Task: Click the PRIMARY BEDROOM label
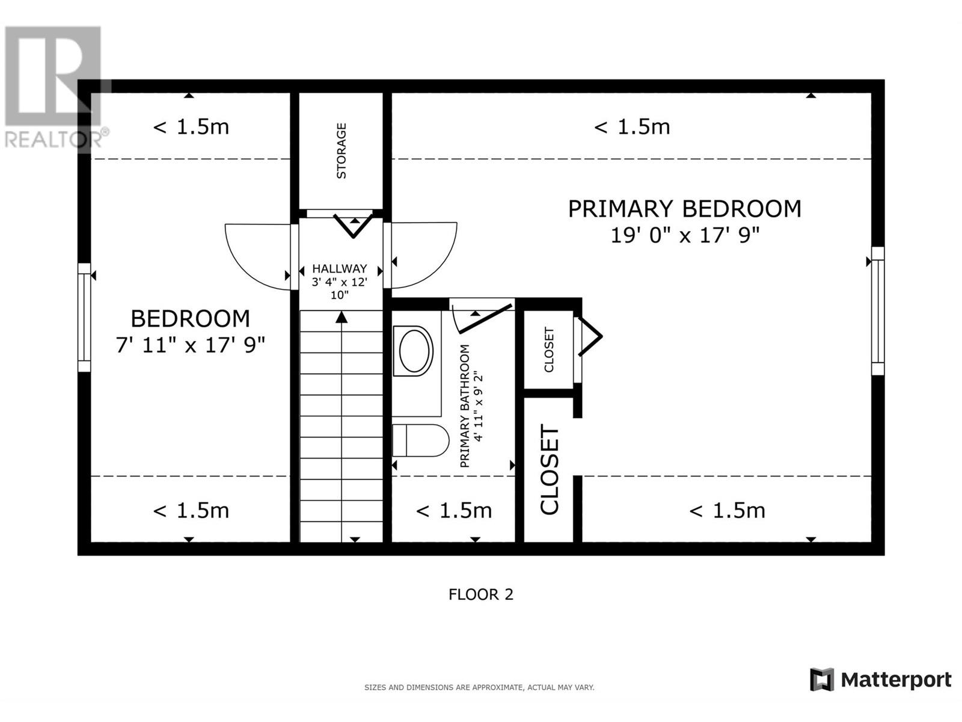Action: pos(684,209)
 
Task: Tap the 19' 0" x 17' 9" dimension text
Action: pos(685,235)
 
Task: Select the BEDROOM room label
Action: pos(190,318)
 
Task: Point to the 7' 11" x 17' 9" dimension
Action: pos(190,345)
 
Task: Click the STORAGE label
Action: pos(342,151)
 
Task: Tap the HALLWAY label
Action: pos(339,269)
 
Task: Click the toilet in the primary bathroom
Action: pos(420,440)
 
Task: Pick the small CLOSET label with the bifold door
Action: pos(549,350)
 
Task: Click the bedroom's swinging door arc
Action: pos(257,256)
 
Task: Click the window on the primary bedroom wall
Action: pos(878,311)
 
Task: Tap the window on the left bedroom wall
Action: pos(84,317)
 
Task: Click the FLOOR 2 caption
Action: pos(480,594)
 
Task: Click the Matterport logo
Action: pos(880,680)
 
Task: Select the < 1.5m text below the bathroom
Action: pos(454,511)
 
